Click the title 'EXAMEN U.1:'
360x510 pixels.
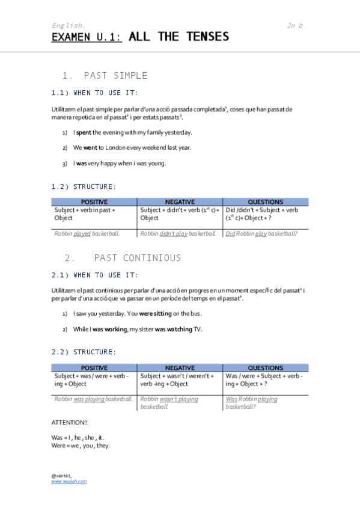pos(87,37)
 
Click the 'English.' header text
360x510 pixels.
pos(68,25)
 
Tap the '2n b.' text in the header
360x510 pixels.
pos(296,25)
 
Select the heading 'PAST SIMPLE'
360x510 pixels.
pos(115,76)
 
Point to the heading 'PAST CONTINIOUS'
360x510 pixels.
pos(137,258)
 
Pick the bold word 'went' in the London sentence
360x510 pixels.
pos(91,147)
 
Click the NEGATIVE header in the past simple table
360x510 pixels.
pos(180,202)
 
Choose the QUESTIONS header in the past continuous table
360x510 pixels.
pos(265,367)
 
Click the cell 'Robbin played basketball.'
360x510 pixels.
pos(87,233)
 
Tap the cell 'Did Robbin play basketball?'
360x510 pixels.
pos(262,233)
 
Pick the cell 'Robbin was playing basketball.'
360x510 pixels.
pos(93,399)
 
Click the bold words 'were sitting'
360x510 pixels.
pos(155,313)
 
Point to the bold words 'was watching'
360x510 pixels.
pos(174,329)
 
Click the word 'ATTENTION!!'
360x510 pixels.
pos(70,423)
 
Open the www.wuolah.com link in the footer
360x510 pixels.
pos(69,482)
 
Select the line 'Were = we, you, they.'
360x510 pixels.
pos(81,446)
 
